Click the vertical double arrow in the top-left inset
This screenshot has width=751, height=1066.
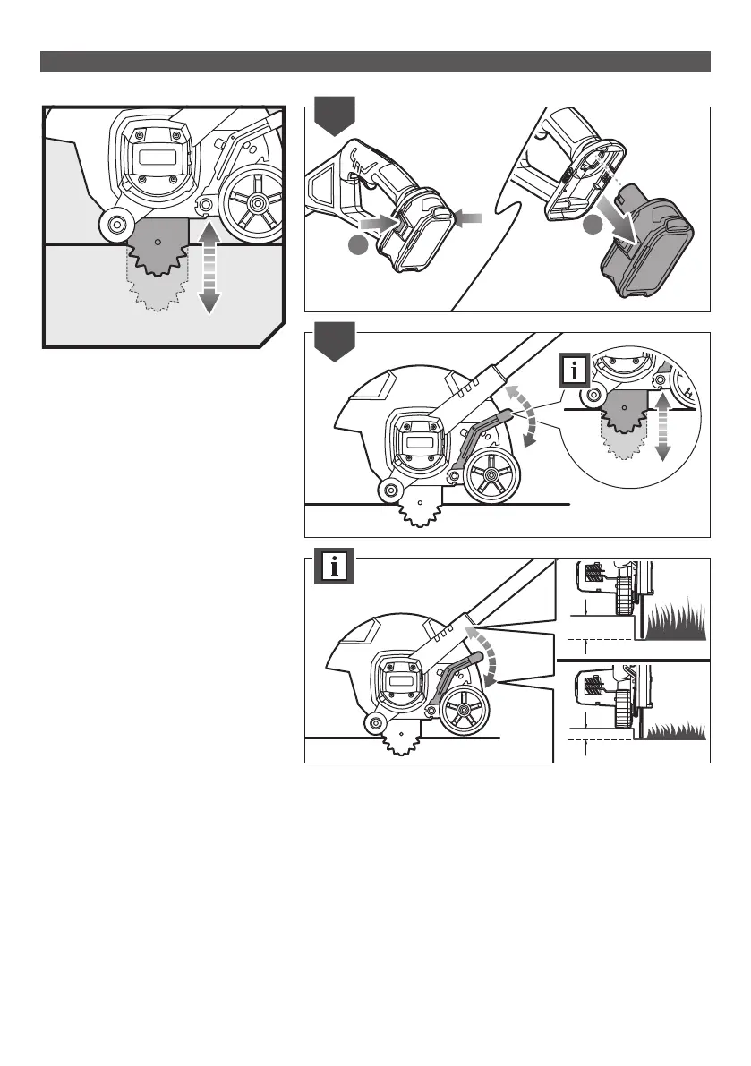(208, 268)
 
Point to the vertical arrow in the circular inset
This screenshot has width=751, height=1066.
(662, 427)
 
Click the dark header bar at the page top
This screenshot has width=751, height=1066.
(375, 61)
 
